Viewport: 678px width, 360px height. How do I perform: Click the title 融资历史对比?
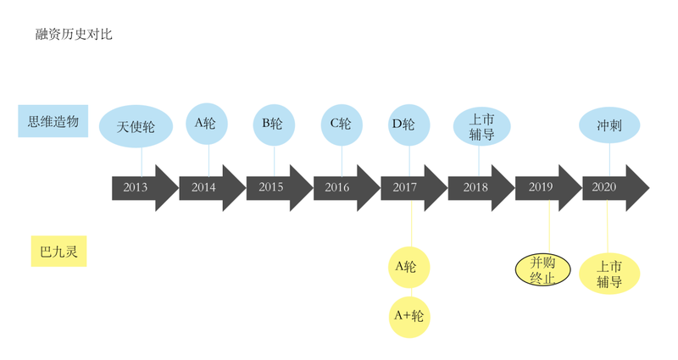coord(74,34)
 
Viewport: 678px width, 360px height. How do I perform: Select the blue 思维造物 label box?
coord(53,121)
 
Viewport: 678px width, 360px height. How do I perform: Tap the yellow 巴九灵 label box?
coord(58,251)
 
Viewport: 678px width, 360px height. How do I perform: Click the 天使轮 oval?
coord(136,126)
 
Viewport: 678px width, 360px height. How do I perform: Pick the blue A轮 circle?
coord(207,124)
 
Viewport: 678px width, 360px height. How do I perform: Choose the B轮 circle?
coord(274,125)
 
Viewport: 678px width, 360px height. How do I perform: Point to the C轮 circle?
coord(342,125)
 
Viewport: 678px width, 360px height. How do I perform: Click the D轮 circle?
coord(409,125)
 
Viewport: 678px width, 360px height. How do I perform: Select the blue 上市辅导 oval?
coord(481,126)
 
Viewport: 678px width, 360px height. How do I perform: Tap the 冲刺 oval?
coord(609,125)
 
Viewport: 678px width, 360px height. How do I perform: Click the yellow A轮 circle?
coord(409,267)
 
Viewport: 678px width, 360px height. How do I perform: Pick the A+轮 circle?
coord(409,317)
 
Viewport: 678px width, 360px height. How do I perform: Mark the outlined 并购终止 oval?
coord(542,270)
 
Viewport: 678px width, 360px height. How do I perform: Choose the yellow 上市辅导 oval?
coord(609,274)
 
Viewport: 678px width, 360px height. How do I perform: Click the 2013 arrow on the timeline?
coord(145,187)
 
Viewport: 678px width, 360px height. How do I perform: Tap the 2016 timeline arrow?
coord(347,187)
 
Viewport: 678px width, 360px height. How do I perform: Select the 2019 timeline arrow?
coord(548,187)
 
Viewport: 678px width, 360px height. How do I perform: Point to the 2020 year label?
coord(603,187)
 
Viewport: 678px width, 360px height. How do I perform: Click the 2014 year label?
coord(203,187)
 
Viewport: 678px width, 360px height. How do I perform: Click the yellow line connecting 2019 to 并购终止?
coord(549,227)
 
